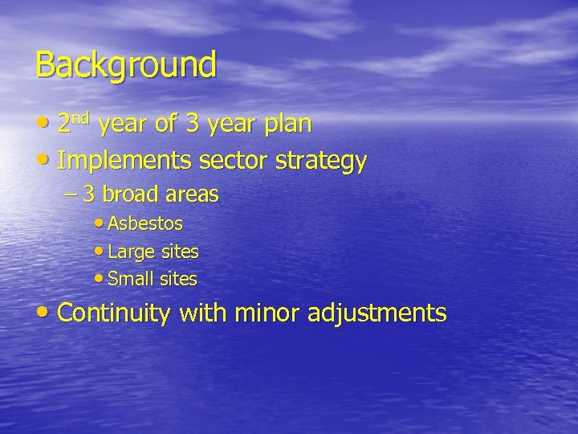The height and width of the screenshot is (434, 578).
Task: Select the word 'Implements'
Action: [124, 162]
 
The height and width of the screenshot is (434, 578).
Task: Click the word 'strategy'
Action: [321, 162]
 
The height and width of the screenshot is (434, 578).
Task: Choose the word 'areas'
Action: [193, 195]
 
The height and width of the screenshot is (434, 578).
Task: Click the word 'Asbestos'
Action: [145, 223]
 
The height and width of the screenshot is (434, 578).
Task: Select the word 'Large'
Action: [129, 252]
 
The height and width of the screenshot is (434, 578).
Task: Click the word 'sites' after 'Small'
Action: [177, 280]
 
